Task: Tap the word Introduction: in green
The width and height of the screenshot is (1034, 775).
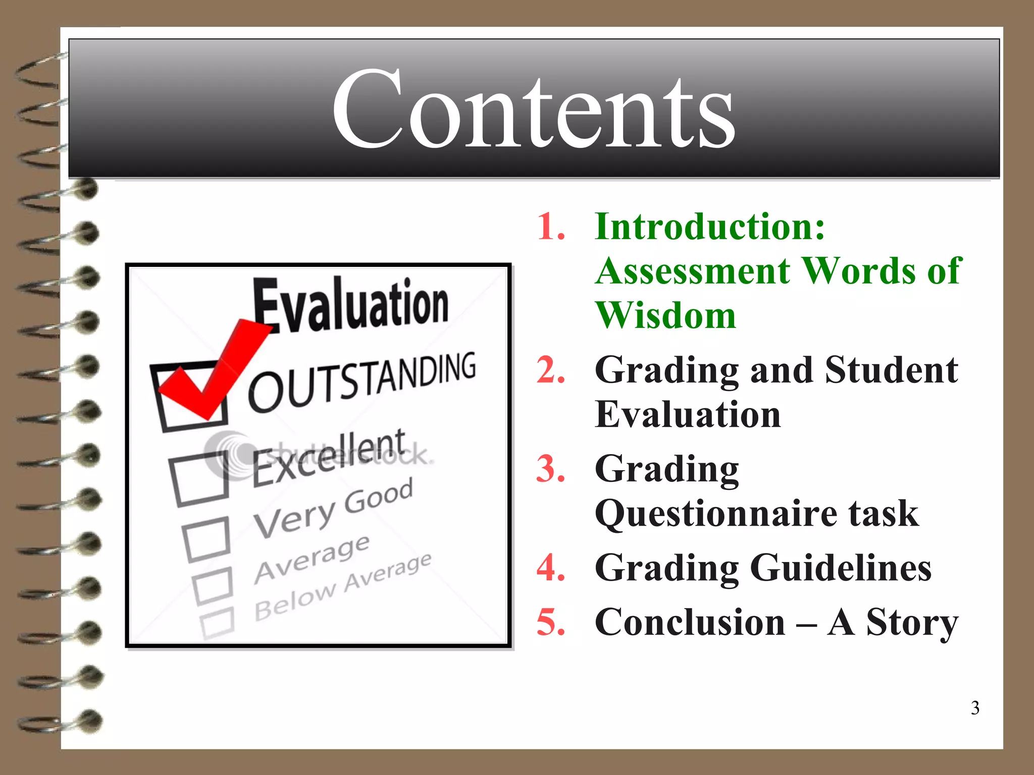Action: (x=710, y=227)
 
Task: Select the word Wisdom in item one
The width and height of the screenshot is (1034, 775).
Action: (x=665, y=315)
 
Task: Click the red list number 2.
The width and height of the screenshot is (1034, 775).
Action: (x=551, y=370)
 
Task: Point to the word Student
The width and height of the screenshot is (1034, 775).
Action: (x=891, y=370)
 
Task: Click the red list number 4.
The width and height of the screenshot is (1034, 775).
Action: (x=551, y=568)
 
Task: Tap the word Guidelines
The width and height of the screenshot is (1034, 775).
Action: (x=841, y=568)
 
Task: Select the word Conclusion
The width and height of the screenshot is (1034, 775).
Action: (x=690, y=622)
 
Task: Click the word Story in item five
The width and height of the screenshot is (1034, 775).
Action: (x=912, y=622)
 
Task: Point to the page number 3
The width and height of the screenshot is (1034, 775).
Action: (x=975, y=708)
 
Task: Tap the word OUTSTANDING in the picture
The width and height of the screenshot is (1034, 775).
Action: (x=361, y=381)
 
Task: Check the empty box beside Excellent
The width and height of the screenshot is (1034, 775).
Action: (x=199, y=478)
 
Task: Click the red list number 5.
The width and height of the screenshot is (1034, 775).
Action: (x=551, y=622)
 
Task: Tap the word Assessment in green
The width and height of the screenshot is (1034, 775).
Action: (x=693, y=271)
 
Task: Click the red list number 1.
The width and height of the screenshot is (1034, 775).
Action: (x=551, y=227)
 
